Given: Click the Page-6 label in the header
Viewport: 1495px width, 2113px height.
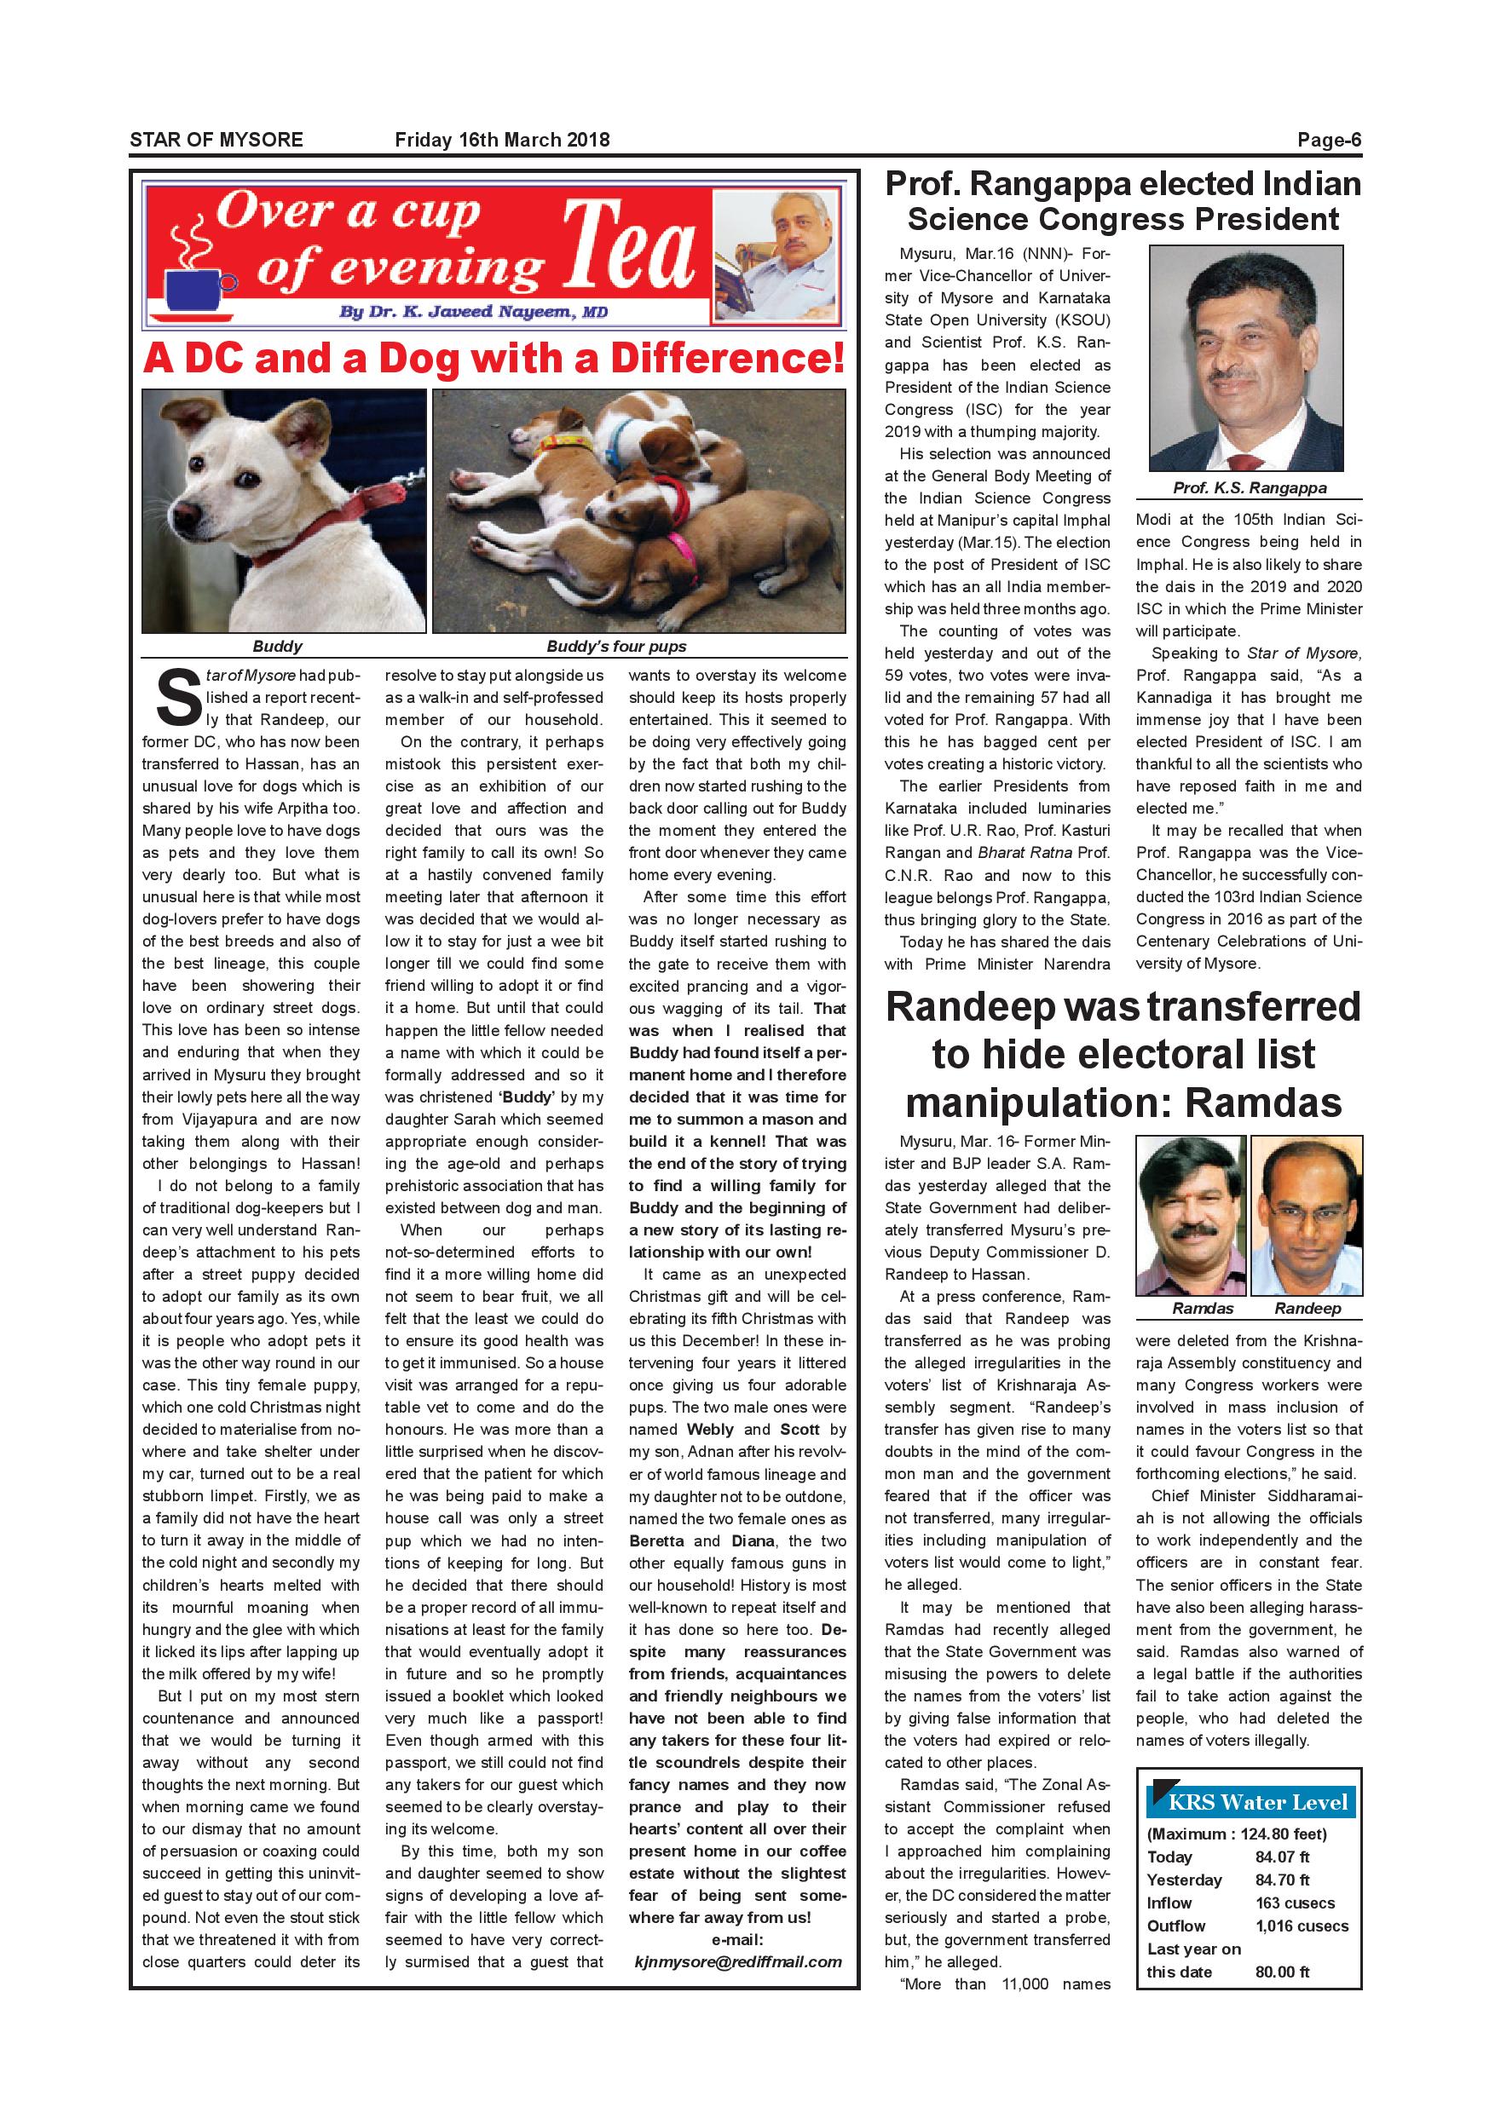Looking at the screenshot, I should [1329, 140].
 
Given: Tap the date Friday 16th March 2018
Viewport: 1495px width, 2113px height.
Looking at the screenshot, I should [502, 140].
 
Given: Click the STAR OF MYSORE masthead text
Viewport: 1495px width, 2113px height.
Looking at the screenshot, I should [216, 140].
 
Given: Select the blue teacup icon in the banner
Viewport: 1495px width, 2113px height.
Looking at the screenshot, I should [195, 285].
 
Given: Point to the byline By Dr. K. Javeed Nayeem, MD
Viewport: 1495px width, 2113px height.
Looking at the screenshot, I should [473, 312].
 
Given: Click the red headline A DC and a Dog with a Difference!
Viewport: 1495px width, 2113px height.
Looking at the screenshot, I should [494, 359].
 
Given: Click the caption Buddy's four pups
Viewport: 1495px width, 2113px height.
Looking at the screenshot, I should [616, 646].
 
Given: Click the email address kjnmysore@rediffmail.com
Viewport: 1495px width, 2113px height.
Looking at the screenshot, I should [738, 1961].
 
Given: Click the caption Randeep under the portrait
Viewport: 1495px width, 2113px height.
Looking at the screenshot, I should [1307, 1308].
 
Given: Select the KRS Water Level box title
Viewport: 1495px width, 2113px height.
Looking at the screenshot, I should [1256, 1802].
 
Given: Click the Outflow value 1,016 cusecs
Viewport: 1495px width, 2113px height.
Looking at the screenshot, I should [1302, 1926].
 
